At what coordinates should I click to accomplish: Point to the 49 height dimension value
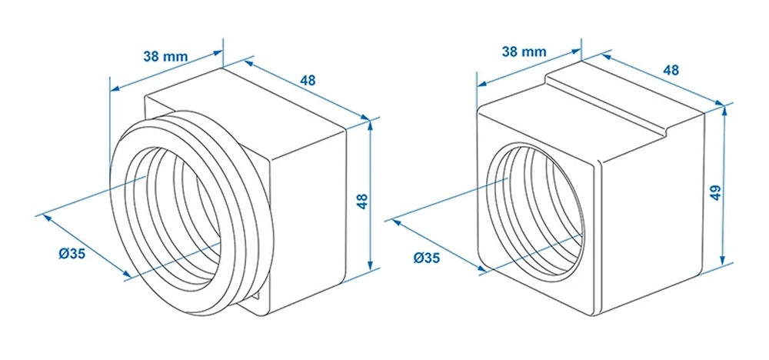coord(715,192)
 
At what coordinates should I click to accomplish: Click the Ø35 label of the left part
coord(71,254)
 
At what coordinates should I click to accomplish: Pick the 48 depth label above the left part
coord(308,80)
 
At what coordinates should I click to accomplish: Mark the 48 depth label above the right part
coord(671,69)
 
